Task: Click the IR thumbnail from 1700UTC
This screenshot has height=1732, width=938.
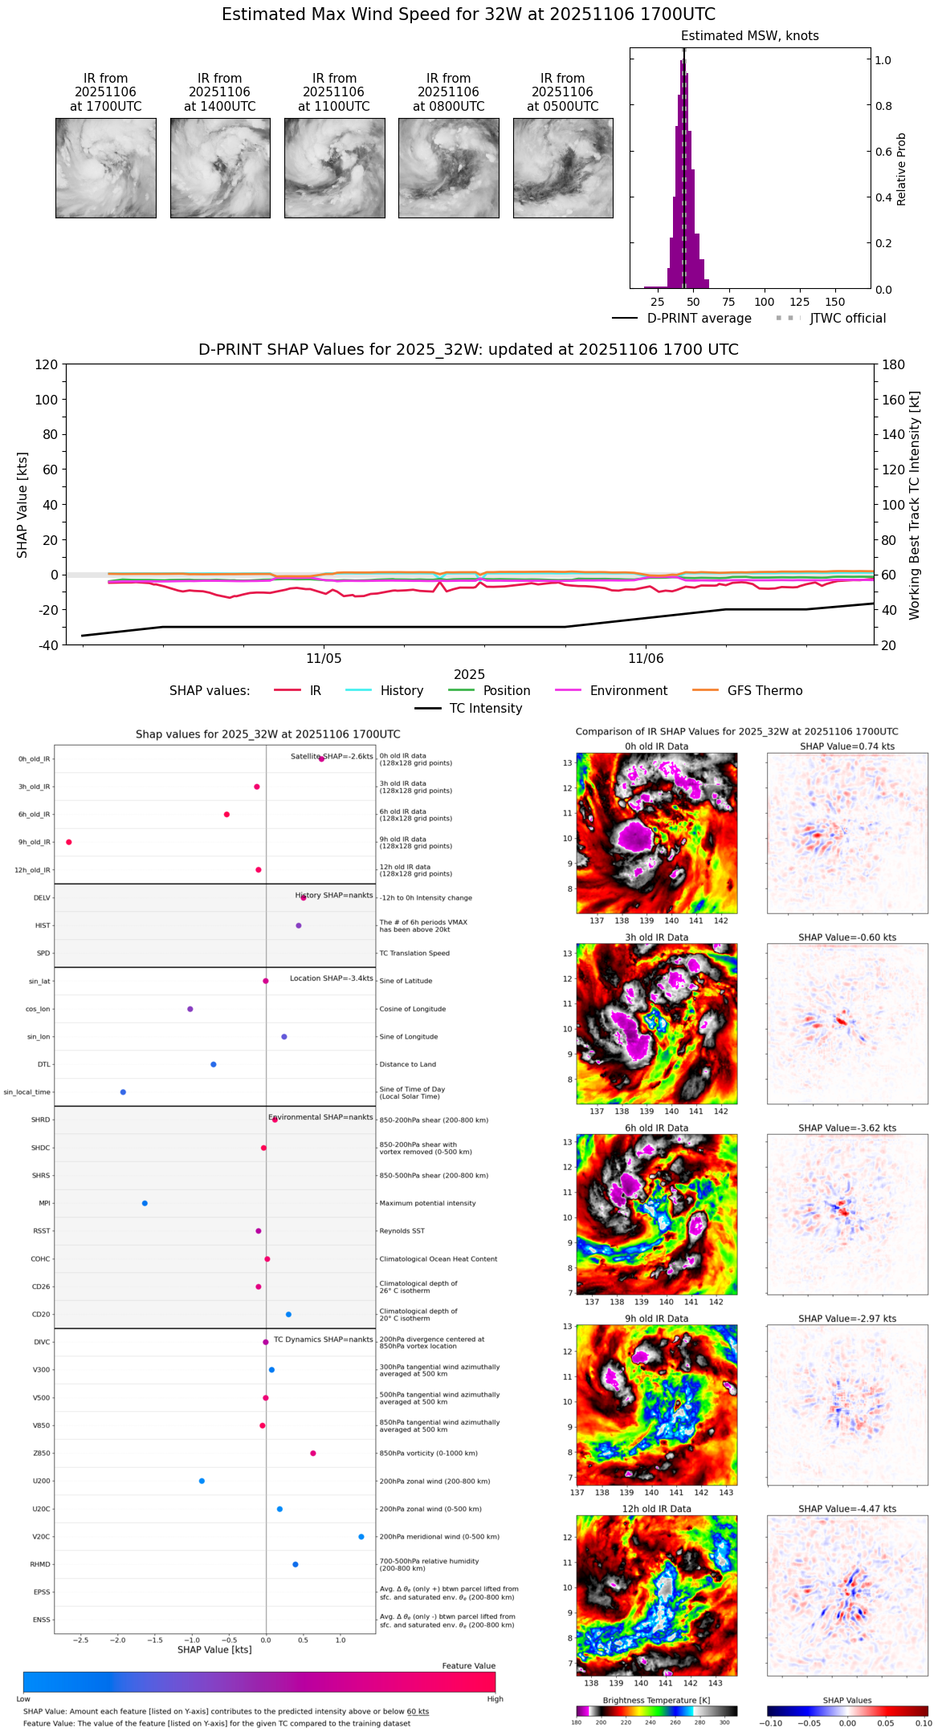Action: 105,168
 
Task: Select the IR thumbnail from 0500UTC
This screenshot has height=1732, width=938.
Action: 563,168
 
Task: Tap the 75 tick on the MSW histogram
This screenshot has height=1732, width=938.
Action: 728,302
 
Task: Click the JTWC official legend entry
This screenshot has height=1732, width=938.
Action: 831,319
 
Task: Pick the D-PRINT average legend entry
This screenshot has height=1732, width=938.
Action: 683,319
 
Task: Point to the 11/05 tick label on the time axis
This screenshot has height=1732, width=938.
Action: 324,658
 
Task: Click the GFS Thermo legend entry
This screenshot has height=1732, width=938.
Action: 748,691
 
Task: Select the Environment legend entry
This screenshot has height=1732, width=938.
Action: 611,691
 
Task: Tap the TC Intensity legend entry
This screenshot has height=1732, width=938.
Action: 469,709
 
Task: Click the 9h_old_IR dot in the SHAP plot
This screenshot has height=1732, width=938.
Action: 69,842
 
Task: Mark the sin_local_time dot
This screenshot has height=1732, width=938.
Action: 123,1092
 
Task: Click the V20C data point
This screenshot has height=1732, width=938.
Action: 361,1536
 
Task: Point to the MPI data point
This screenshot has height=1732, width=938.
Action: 145,1203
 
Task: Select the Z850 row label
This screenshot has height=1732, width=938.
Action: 41,1453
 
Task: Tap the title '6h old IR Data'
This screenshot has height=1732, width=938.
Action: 656,1128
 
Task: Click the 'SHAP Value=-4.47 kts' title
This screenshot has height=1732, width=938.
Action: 847,1509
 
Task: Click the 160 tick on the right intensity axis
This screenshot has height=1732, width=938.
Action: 894,400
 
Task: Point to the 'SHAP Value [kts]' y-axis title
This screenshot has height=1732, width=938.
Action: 22,505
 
